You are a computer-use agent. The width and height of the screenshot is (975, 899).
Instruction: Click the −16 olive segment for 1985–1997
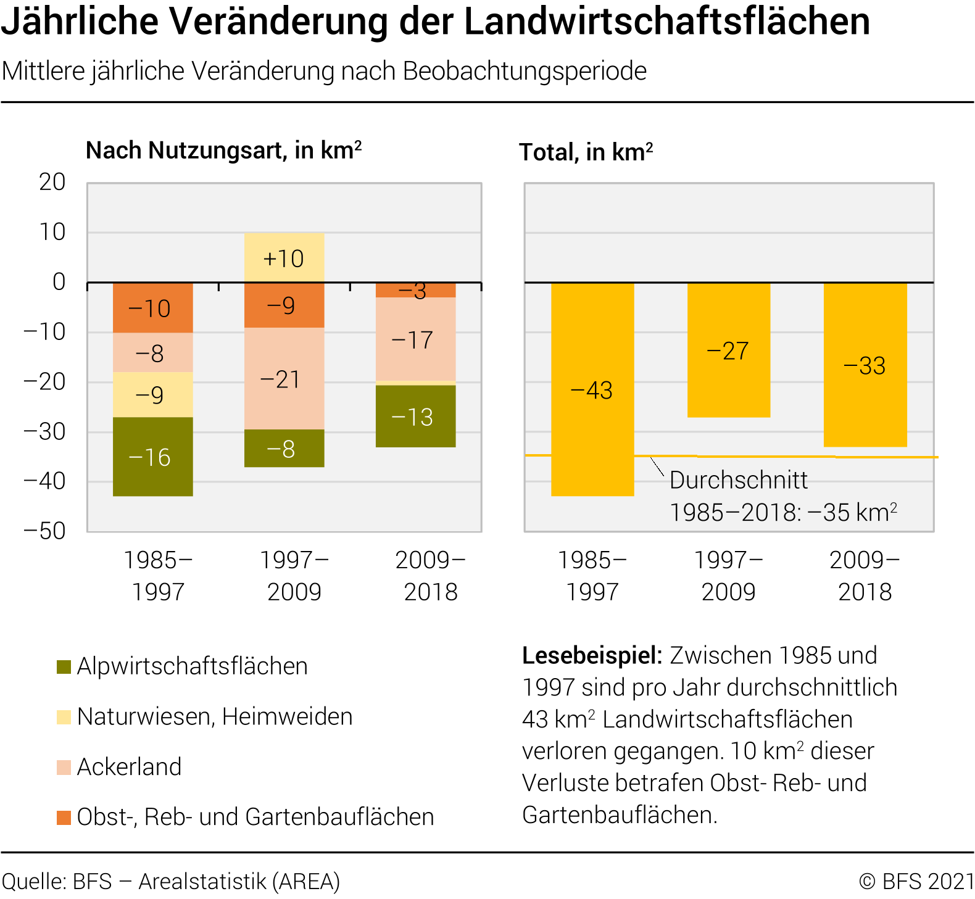[152, 457]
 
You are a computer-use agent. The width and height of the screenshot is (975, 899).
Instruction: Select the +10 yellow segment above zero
[284, 258]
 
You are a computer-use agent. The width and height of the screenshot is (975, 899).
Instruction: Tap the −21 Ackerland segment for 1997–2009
[284, 378]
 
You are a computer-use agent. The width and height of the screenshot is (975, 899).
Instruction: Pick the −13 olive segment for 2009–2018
[415, 416]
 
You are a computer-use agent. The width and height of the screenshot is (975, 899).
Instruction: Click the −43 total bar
[592, 389]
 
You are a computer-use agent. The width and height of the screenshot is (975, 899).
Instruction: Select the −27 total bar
[728, 350]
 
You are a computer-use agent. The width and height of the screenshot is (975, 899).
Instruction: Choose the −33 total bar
[865, 365]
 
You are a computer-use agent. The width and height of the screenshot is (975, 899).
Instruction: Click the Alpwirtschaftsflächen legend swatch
[64, 666]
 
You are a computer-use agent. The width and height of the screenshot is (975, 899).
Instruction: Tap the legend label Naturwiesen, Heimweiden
[215, 716]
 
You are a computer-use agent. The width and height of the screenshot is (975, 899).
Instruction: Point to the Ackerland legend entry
[129, 767]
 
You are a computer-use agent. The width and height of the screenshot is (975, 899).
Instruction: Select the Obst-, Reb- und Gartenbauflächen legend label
[255, 817]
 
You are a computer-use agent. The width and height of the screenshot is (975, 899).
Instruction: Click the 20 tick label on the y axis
[52, 182]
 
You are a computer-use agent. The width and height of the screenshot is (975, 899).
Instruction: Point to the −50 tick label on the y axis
[44, 531]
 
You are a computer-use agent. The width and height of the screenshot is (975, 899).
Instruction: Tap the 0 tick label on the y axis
[59, 282]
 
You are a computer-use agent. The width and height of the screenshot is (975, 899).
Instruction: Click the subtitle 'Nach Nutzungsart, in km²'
[223, 151]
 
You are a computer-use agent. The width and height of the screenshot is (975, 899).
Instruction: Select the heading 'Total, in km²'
[586, 152]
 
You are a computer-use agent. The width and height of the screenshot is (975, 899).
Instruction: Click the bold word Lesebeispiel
[592, 655]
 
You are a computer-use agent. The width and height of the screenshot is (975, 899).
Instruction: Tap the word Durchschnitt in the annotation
[739, 480]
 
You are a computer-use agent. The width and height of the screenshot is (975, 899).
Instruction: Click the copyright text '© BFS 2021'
[916, 881]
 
